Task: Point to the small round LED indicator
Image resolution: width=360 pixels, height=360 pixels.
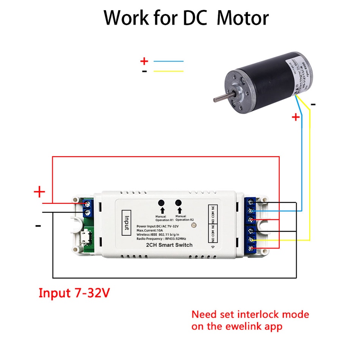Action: pos(194,225)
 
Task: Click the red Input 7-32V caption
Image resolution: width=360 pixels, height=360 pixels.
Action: pos(74,293)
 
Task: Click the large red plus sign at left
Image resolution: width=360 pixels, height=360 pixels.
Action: pos(39,192)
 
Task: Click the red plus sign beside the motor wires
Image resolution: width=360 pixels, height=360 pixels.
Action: pos(296,117)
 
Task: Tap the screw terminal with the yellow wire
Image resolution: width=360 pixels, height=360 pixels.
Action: pos(251,240)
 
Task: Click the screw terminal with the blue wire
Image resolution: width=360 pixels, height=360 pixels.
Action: pos(251,211)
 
